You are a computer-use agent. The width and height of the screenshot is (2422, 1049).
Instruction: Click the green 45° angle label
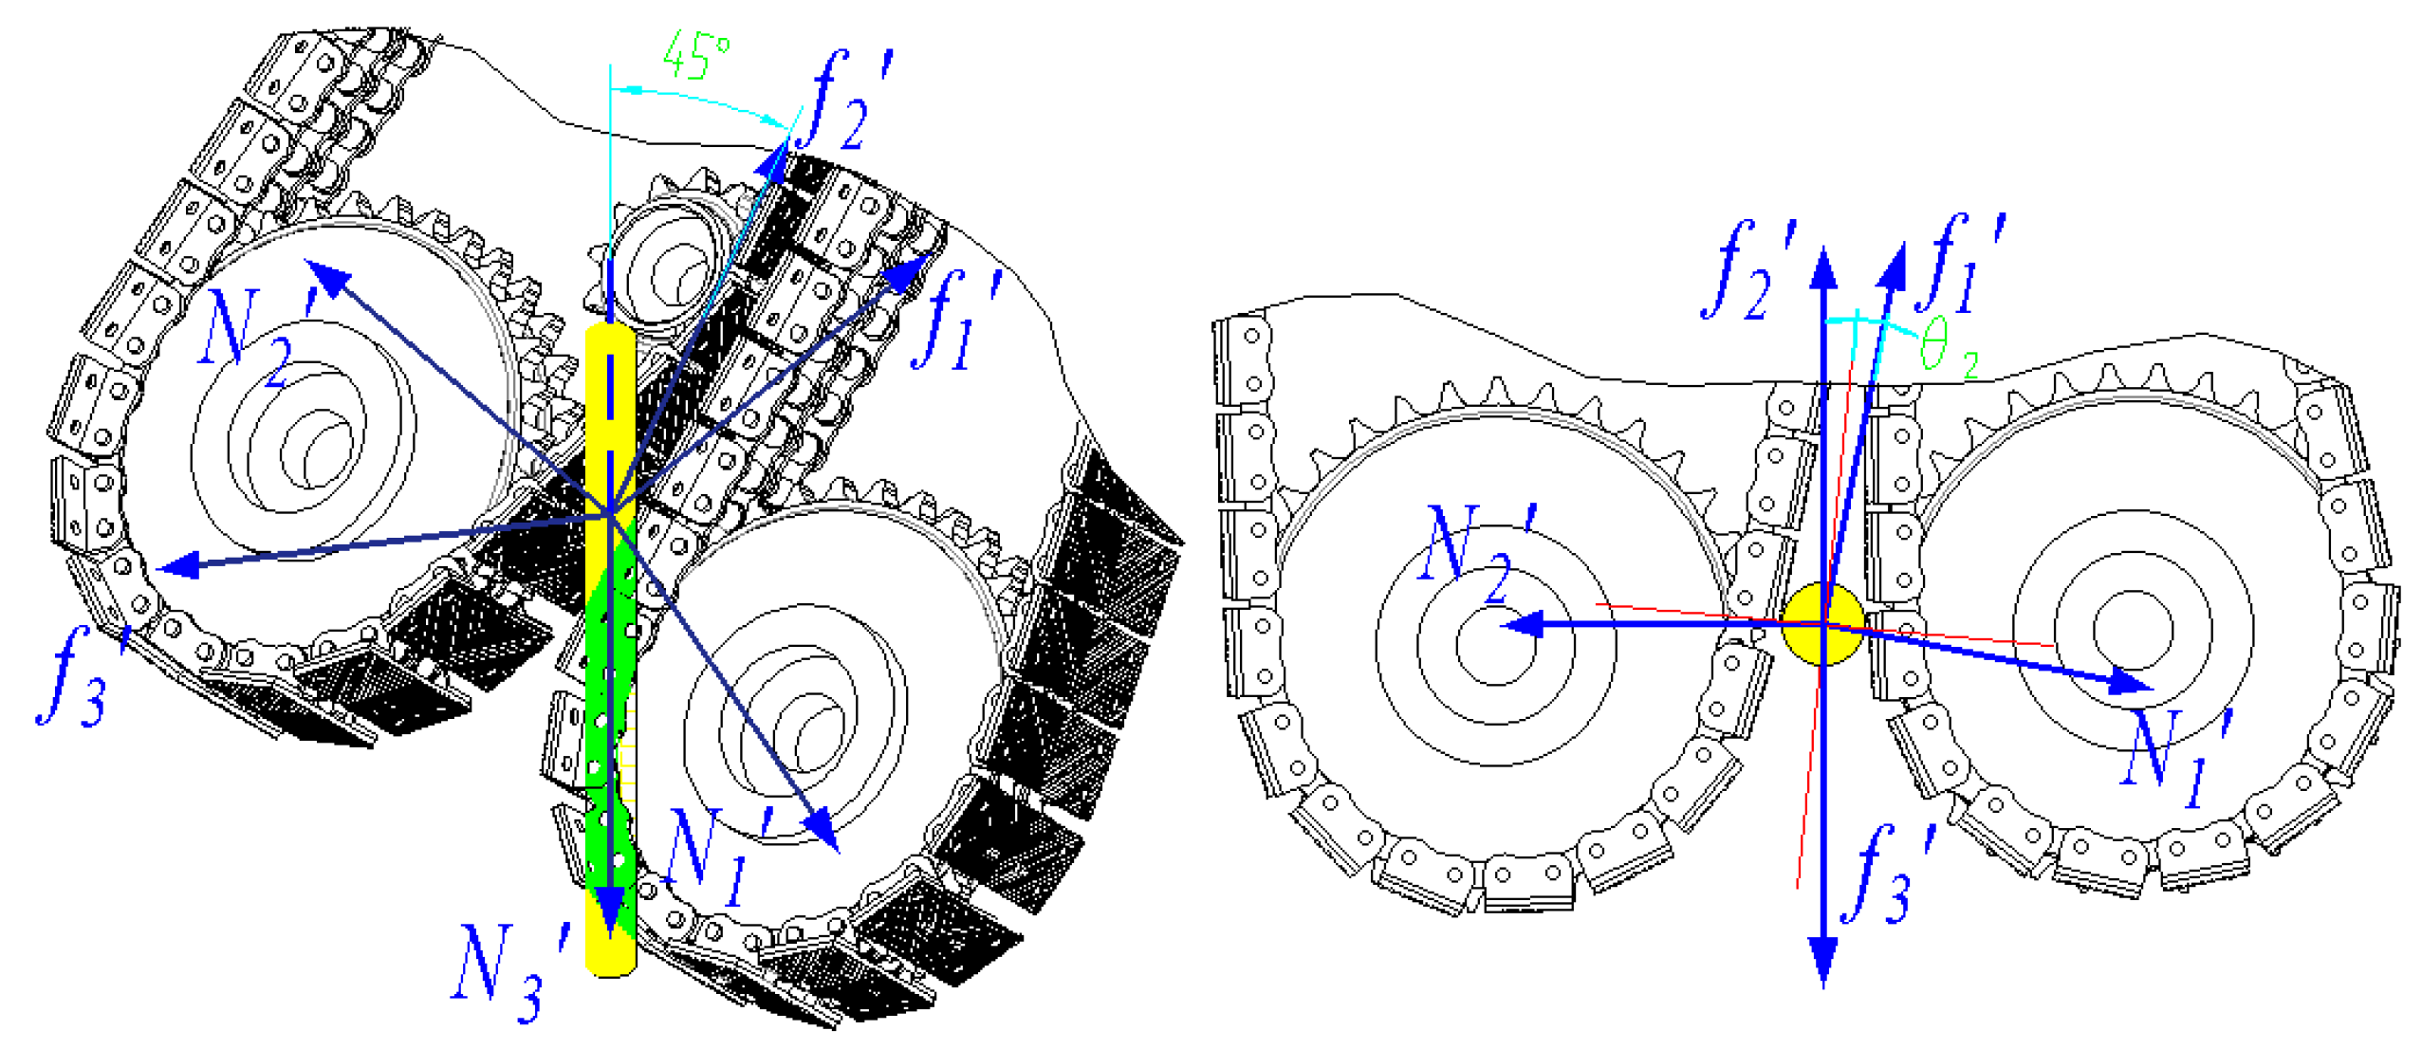tap(695, 55)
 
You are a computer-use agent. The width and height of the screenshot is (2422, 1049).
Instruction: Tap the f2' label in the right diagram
tap(1748, 271)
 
